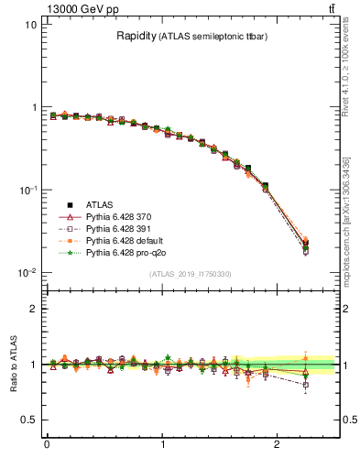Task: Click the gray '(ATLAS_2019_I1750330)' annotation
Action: [190, 274]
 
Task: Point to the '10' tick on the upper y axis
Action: [29, 25]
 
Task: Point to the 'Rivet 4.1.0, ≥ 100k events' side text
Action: [351, 78]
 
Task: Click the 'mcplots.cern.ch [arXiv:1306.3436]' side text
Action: [351, 211]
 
